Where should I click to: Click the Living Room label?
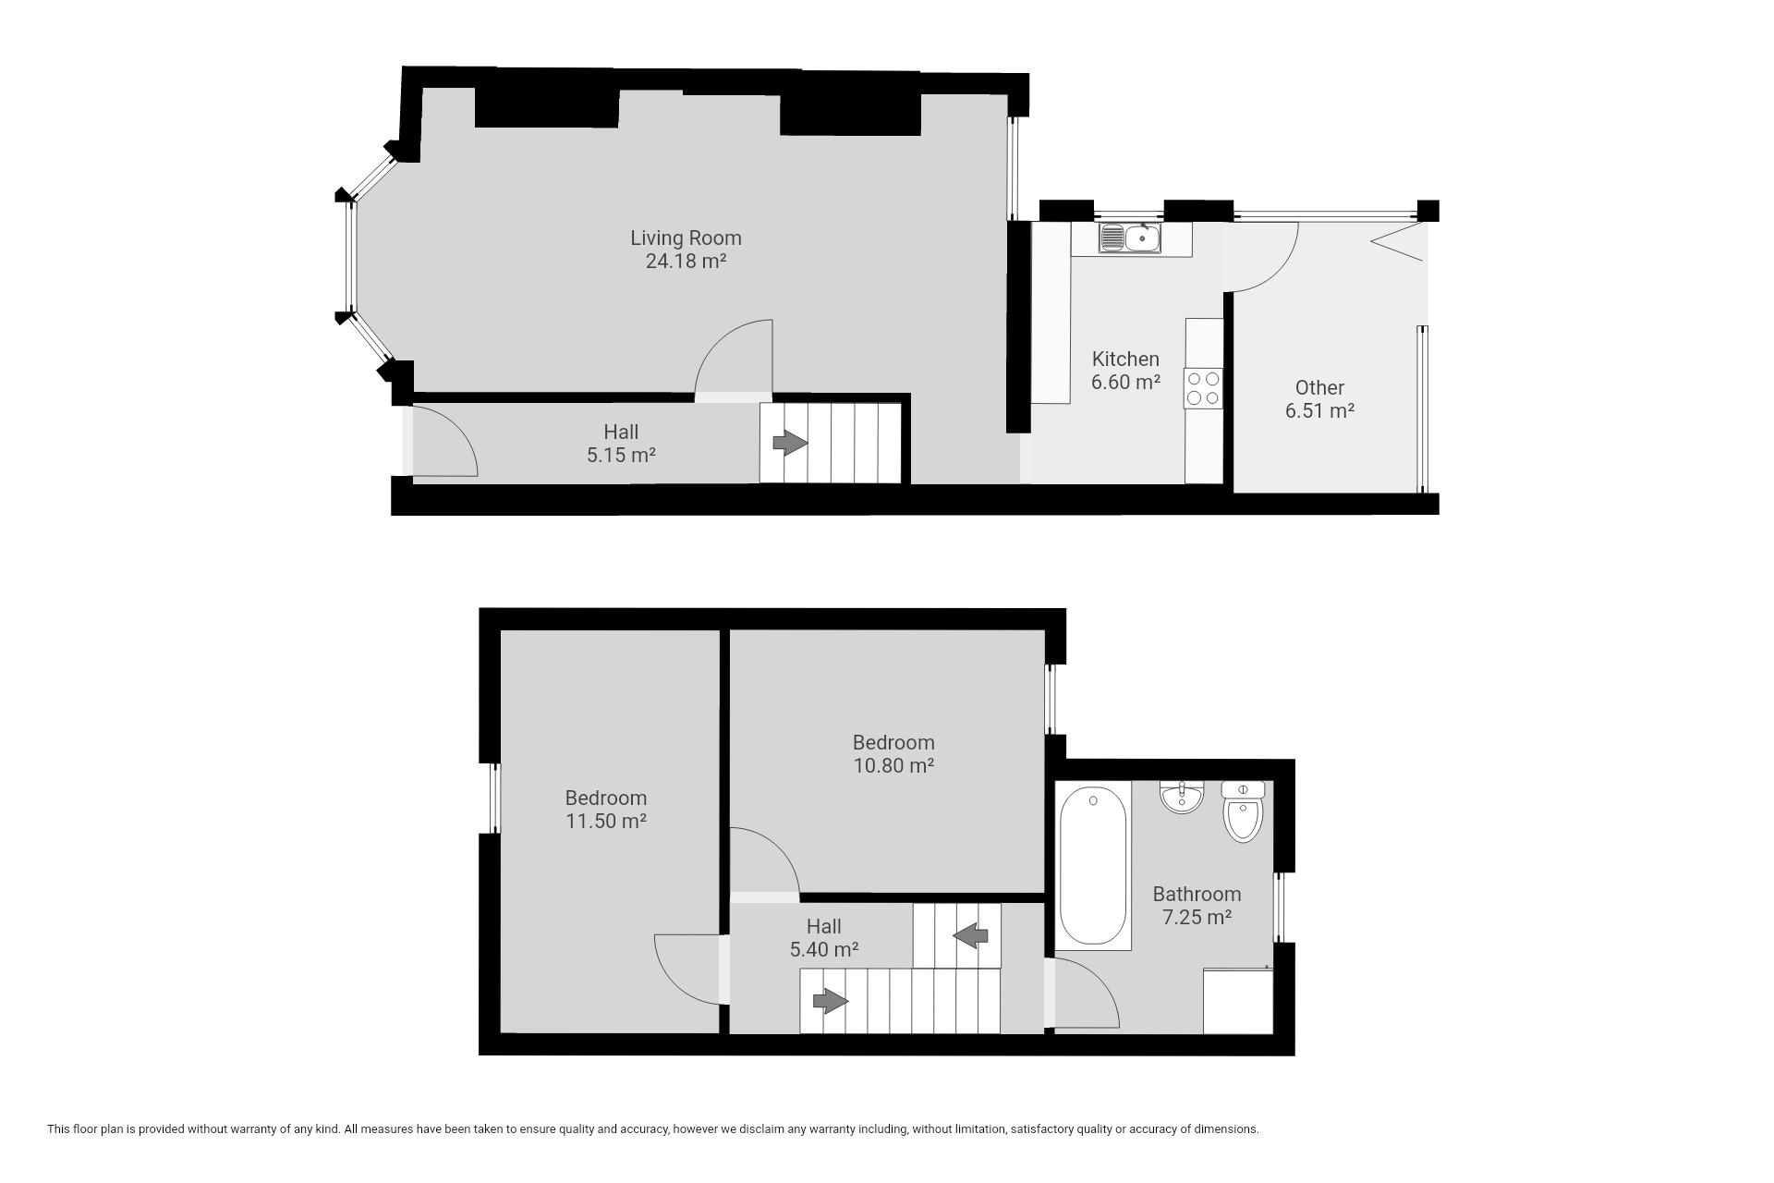coord(686,238)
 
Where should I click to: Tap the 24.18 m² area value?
coord(686,261)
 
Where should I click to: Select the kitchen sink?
coord(1130,238)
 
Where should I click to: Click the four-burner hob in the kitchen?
coord(1203,388)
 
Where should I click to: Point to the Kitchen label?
coord(1125,359)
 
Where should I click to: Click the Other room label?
coord(1319,387)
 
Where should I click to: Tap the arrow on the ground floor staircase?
coord(790,444)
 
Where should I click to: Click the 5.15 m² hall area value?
coord(621,455)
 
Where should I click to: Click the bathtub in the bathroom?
coord(1093,865)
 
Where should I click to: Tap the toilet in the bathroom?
coord(1243,811)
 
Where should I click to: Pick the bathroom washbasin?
coord(1182,798)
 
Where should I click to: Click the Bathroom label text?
coord(1197,894)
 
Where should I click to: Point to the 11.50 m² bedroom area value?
coord(606,821)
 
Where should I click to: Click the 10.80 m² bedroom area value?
coord(893,765)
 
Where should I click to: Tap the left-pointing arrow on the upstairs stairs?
coord(970,936)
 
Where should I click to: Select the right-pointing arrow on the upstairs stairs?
coord(831,1001)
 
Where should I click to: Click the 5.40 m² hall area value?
coord(824,949)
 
